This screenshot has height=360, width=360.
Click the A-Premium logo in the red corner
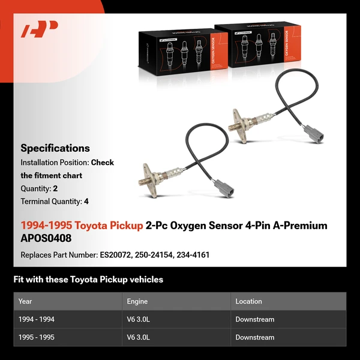pyautogui.click(x=39, y=29)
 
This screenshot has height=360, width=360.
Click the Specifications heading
pyautogui.click(x=55, y=148)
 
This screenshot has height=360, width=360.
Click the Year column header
pyautogui.click(x=25, y=301)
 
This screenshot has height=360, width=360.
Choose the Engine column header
pyautogui.click(x=137, y=301)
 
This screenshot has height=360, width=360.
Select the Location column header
pyautogui.click(x=248, y=301)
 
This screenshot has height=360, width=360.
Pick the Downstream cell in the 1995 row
pyautogui.click(x=254, y=338)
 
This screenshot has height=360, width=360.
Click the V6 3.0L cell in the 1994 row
pyautogui.click(x=138, y=320)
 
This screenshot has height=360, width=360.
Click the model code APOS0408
pyautogui.click(x=46, y=238)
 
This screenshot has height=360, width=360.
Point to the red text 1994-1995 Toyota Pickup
pyautogui.click(x=82, y=226)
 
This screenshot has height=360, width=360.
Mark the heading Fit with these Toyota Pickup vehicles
pyautogui.click(x=88, y=280)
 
